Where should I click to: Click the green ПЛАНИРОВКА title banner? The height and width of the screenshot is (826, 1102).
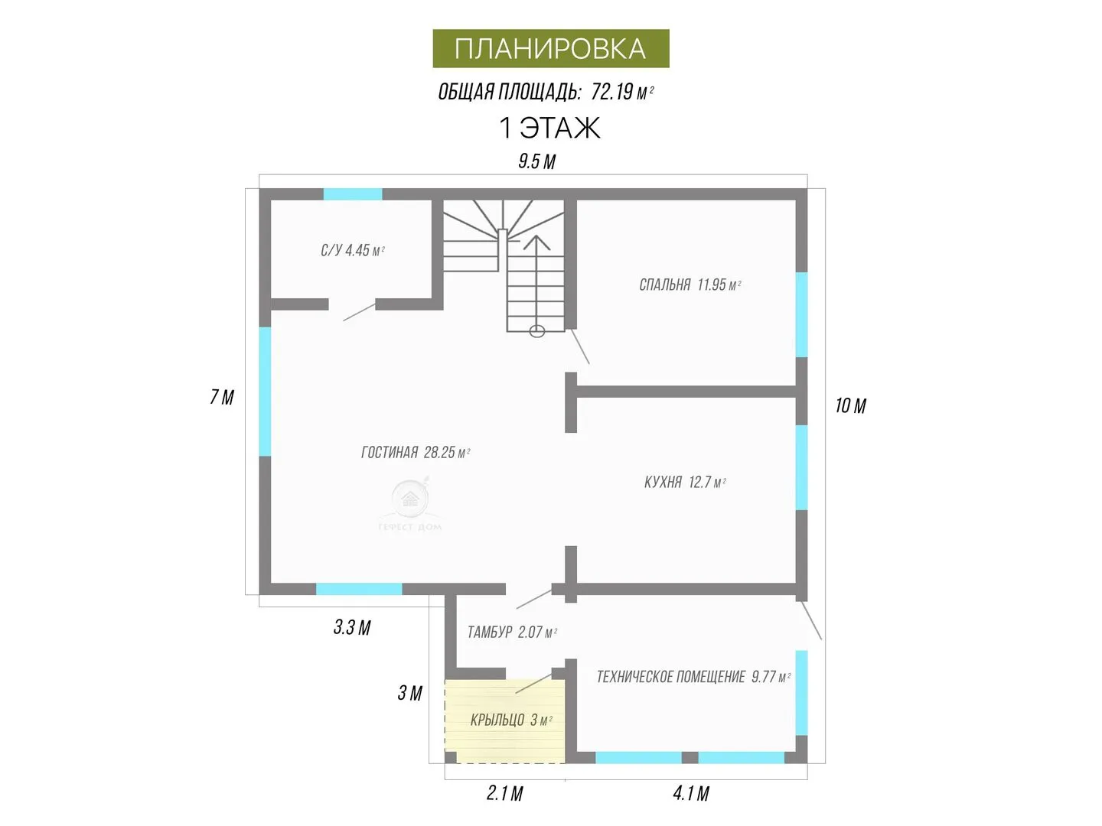(x=551, y=48)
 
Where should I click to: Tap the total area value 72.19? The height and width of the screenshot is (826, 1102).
(x=611, y=93)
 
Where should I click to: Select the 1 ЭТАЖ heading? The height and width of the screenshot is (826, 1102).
(x=549, y=128)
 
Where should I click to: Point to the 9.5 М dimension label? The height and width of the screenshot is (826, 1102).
(x=536, y=161)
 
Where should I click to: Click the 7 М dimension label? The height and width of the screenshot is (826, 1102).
(x=222, y=397)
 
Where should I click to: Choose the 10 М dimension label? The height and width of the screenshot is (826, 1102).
(x=850, y=405)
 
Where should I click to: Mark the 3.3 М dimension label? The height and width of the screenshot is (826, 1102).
(x=352, y=627)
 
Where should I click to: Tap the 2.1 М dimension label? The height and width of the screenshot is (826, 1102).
(x=505, y=793)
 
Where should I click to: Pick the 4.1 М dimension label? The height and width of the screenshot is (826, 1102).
(x=691, y=793)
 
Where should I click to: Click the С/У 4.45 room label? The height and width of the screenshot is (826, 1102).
(x=353, y=250)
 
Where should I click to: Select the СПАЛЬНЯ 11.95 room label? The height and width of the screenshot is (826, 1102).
(x=690, y=285)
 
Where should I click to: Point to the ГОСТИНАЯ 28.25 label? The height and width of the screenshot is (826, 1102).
(x=416, y=452)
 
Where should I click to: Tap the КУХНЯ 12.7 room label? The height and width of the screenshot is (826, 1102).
(x=685, y=483)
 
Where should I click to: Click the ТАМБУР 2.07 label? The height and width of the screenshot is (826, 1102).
(x=512, y=633)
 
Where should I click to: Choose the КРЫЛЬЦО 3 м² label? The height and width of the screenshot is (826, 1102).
(x=511, y=720)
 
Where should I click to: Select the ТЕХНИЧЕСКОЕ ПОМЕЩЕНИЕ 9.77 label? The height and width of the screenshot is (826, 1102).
(x=693, y=677)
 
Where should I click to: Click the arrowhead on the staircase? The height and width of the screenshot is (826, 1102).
(x=536, y=242)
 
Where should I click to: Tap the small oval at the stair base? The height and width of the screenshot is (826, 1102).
(x=536, y=331)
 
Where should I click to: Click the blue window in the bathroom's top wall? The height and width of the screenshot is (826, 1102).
(x=353, y=194)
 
